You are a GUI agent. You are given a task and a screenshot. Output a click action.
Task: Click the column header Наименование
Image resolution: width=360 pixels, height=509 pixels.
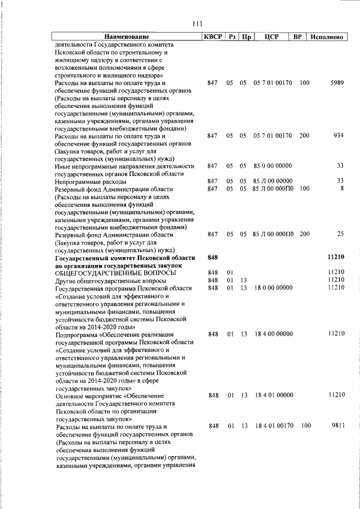click(x=127, y=37)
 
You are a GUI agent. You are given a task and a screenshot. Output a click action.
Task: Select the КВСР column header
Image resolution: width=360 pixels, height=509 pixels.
click(x=213, y=37)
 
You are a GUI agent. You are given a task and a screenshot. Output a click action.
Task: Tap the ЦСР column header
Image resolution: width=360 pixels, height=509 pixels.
click(x=272, y=37)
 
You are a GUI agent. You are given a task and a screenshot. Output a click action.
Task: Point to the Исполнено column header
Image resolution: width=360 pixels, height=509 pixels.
click(x=326, y=37)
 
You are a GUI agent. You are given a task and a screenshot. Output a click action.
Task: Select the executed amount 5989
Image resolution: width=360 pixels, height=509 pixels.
click(x=336, y=83)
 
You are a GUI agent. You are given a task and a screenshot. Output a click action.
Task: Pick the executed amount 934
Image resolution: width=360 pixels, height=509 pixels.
click(x=338, y=136)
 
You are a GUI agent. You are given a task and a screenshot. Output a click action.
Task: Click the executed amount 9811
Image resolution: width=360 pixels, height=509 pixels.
click(x=336, y=427)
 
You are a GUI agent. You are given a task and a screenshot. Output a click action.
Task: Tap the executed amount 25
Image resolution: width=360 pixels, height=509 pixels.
click(x=340, y=233)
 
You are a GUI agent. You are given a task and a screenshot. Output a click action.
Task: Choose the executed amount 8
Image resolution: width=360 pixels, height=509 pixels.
click(x=341, y=189)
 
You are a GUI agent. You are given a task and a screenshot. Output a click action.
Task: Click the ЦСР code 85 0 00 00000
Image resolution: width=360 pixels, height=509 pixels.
click(x=273, y=166)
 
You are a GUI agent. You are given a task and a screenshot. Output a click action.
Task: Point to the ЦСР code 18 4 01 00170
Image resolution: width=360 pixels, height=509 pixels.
click(x=273, y=427)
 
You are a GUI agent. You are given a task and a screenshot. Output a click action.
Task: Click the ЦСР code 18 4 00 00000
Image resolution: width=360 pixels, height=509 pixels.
click(x=273, y=334)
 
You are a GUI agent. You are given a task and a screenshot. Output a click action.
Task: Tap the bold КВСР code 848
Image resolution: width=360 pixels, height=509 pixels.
click(x=213, y=257)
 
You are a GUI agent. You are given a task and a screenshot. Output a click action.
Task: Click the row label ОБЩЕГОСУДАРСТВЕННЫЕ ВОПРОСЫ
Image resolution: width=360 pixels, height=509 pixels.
click(x=115, y=273)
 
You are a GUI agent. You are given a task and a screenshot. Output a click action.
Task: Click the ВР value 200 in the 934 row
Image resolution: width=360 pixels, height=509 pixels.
click(x=304, y=136)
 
